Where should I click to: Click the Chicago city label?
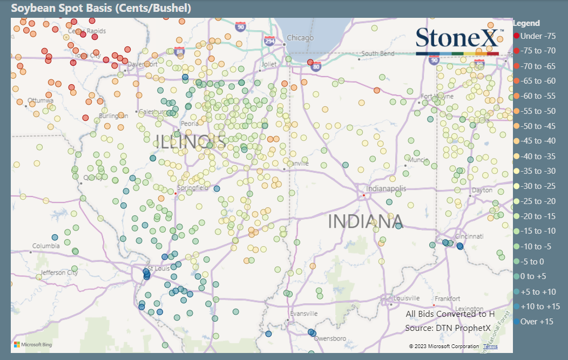(300, 38)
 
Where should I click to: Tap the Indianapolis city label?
(386, 189)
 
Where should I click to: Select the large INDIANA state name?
(366, 221)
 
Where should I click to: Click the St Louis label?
(159, 269)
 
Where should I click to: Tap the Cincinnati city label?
(469, 236)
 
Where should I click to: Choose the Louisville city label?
(407, 298)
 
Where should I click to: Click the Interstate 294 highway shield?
(269, 40)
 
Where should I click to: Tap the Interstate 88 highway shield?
(180, 52)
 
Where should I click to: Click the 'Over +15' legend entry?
(536, 322)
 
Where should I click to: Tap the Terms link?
(490, 347)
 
